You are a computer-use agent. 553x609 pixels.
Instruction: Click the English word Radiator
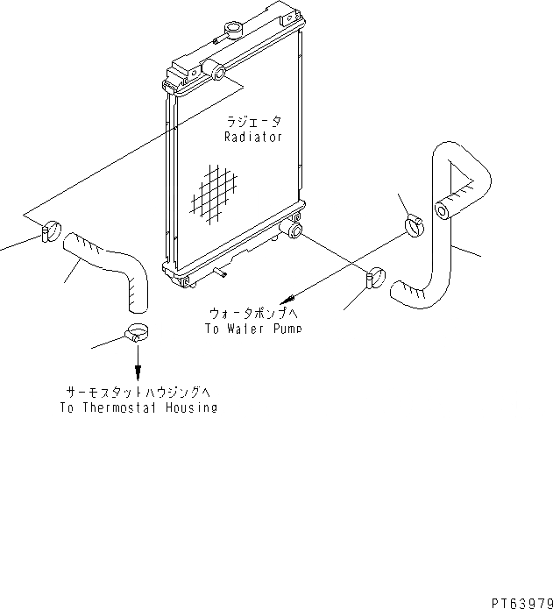pyautogui.click(x=252, y=138)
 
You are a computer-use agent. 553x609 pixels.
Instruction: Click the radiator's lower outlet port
pyautogui.click(x=293, y=231)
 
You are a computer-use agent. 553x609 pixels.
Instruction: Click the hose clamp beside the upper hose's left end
pyautogui.click(x=50, y=232)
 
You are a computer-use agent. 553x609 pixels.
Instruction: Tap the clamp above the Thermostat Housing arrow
pyautogui.click(x=135, y=333)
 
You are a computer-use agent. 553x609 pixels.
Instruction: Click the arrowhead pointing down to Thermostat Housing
pyautogui.click(x=137, y=371)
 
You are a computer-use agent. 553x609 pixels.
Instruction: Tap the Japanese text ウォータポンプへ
pyautogui.click(x=252, y=313)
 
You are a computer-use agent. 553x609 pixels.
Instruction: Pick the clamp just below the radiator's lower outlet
pyautogui.click(x=374, y=279)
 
